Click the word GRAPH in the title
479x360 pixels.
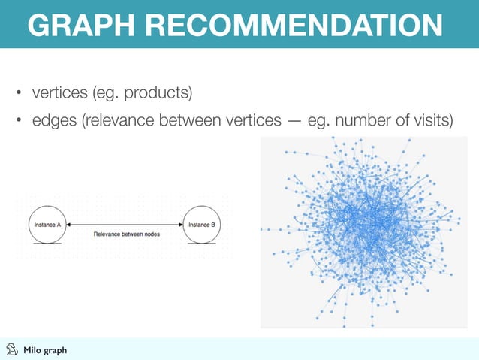(79, 24)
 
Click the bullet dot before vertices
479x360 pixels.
(20, 95)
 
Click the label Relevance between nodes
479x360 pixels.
(126, 234)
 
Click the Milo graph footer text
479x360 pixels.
(45, 350)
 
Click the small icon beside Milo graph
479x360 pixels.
(11, 349)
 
